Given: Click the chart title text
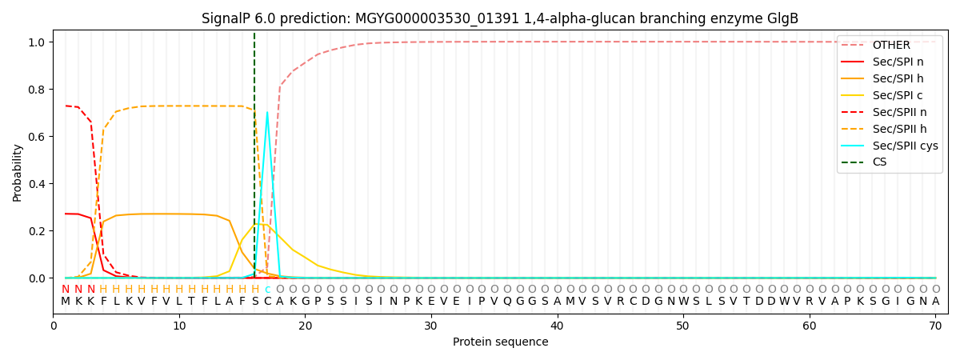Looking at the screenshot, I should [x=500, y=18].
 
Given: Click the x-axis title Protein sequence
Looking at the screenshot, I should [x=500, y=342].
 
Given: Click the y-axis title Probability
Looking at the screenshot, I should [x=18, y=172].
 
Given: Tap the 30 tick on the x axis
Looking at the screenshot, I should [x=431, y=326].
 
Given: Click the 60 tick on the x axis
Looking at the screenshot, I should [x=810, y=326].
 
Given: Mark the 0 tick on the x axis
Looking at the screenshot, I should [x=54, y=326].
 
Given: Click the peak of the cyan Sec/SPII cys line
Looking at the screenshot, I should [x=267, y=112].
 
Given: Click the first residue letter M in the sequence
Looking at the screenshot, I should [x=66, y=302].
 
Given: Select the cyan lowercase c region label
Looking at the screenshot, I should [x=267, y=290].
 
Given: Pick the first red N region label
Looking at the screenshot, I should [x=66, y=290].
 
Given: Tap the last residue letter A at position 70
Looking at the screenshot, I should [x=935, y=302].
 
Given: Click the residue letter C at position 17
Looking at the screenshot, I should [x=267, y=302].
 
